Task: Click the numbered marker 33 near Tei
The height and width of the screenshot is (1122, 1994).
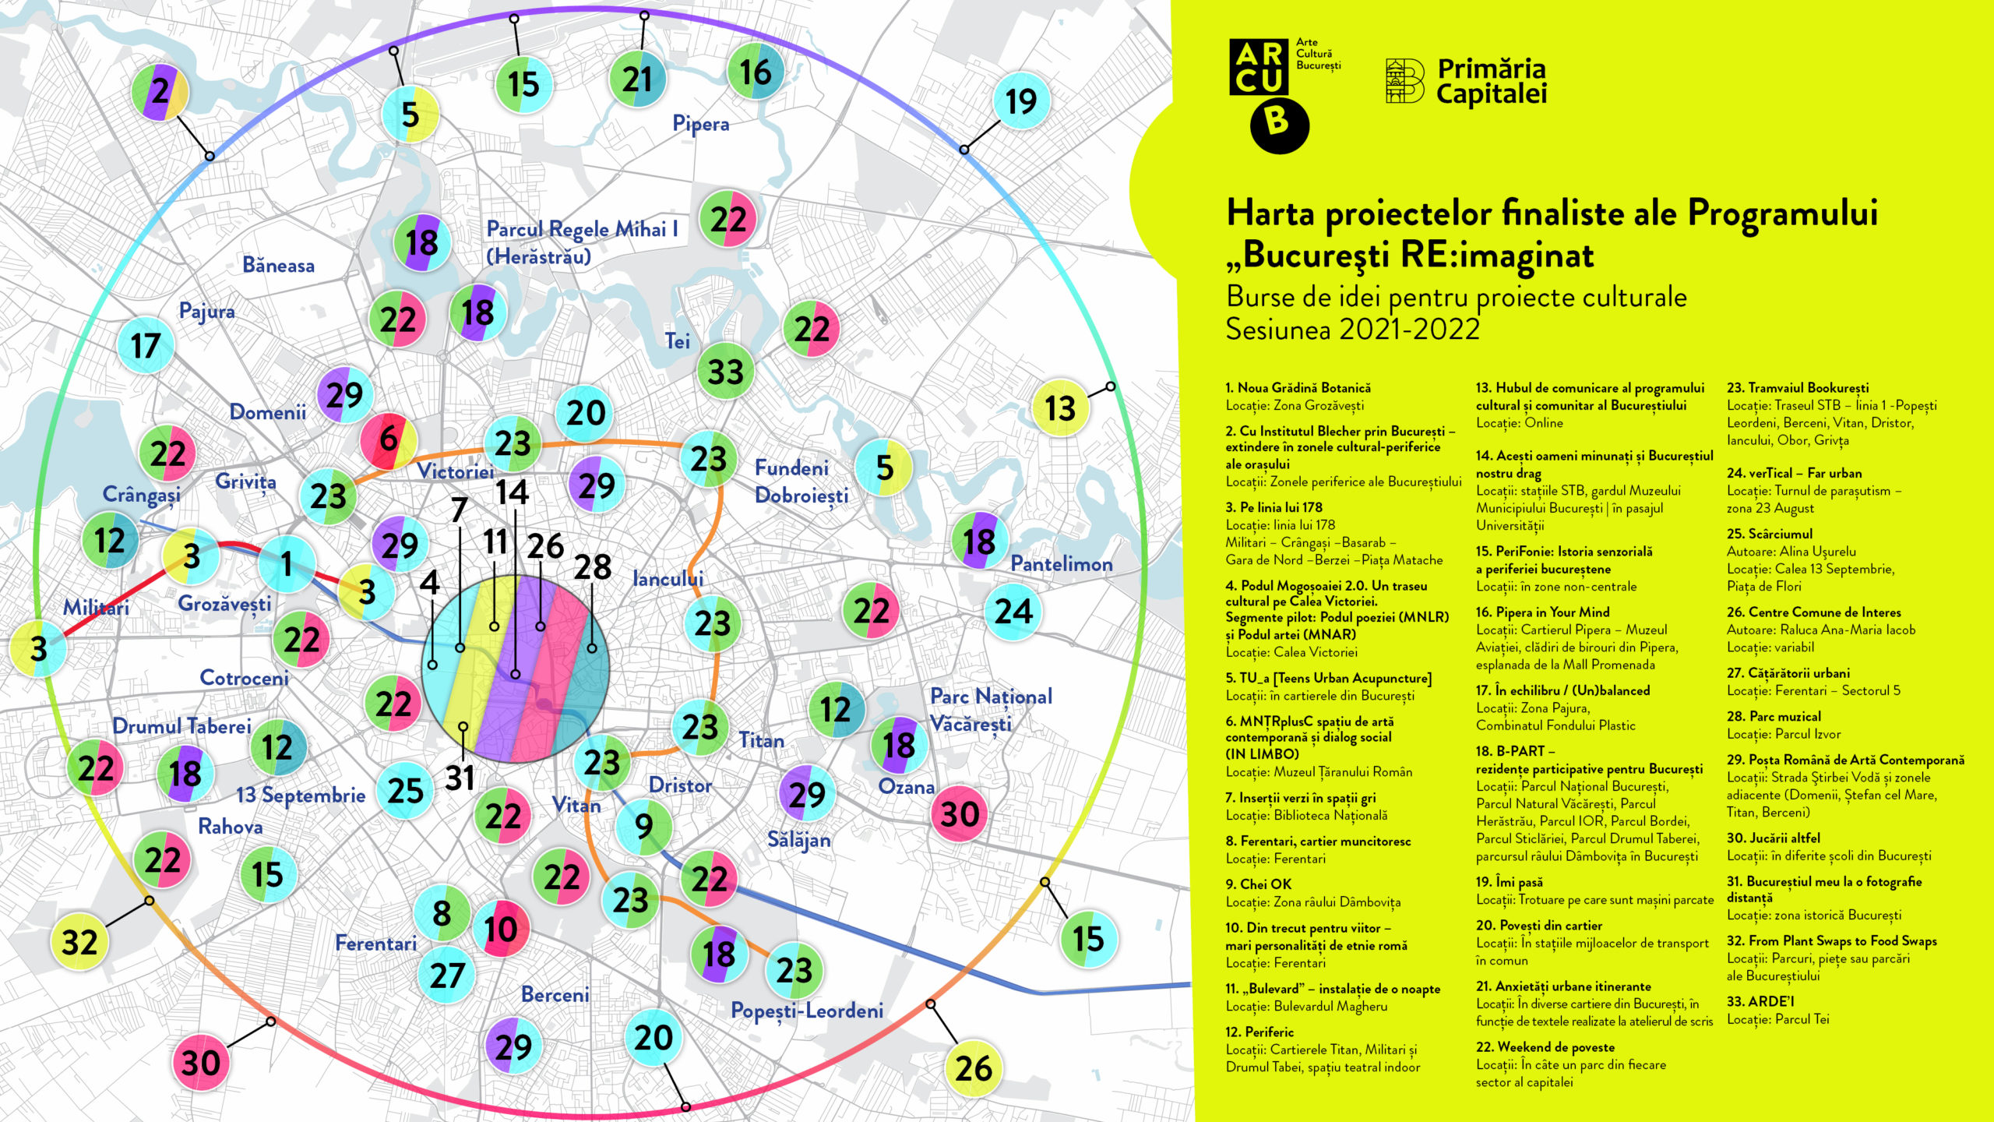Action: click(x=725, y=371)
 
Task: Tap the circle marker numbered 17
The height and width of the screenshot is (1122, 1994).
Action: click(x=146, y=345)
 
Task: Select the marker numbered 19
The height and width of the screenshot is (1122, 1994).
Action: click(x=1021, y=101)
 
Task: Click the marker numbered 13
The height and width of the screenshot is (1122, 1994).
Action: click(x=1060, y=408)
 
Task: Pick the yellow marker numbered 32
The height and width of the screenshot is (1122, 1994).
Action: click(x=79, y=941)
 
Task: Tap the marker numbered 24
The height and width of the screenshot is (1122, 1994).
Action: click(x=1013, y=612)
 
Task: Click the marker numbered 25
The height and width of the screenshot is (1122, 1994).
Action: click(x=406, y=790)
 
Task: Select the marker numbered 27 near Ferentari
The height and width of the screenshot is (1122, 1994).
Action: click(x=447, y=975)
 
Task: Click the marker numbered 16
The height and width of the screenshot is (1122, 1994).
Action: click(x=756, y=72)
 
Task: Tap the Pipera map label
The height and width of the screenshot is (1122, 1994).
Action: click(x=701, y=124)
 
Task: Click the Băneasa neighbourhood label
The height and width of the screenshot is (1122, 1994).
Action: click(x=278, y=266)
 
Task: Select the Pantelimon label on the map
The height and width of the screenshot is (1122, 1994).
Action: click(x=1061, y=563)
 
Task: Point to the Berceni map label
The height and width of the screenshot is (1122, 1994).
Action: click(x=555, y=995)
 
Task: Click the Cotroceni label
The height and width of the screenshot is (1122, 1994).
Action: click(x=244, y=678)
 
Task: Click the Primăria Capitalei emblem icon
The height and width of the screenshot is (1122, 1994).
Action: click(x=1405, y=80)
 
